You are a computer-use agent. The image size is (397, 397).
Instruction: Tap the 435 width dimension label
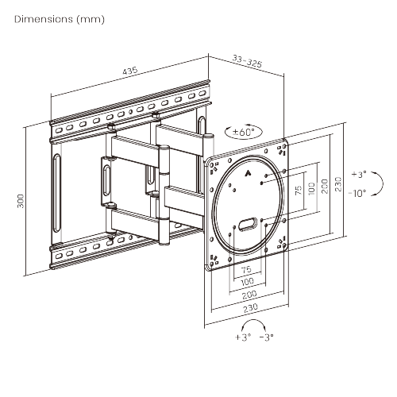129,71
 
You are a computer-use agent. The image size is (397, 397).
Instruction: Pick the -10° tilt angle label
357,192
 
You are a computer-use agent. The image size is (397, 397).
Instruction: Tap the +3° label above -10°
358,173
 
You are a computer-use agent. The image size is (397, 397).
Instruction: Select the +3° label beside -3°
242,337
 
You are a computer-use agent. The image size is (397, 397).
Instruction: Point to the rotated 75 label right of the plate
298,191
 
